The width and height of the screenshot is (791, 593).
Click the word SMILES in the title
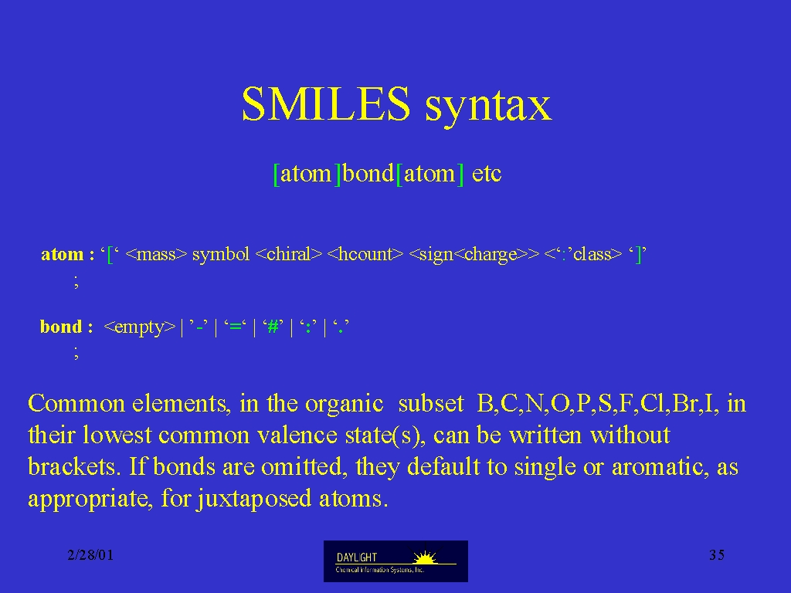(x=326, y=103)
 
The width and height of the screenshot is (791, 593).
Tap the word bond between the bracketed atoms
(x=368, y=174)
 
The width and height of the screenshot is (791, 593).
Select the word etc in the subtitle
(x=487, y=175)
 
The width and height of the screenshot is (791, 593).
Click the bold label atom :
(x=68, y=253)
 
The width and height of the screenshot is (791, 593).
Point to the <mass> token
(x=156, y=254)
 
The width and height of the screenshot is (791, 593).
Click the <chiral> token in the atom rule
(x=289, y=254)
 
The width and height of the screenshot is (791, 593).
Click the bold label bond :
(x=66, y=327)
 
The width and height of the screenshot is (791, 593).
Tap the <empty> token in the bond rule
(x=139, y=327)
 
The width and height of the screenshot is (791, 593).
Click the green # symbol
(x=273, y=327)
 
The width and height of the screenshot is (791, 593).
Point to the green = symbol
(x=235, y=327)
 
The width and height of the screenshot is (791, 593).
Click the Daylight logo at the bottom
(x=395, y=561)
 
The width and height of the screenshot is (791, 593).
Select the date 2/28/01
(x=91, y=555)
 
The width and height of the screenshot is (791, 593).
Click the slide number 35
(x=717, y=555)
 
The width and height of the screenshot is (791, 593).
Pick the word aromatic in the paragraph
(x=657, y=467)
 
